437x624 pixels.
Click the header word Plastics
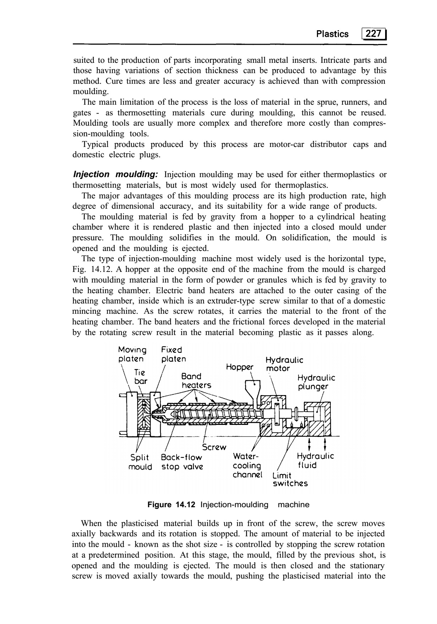[x=332, y=34]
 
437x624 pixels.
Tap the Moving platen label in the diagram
[x=132, y=354]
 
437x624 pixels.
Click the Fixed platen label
[x=173, y=354]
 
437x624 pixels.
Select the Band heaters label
[x=196, y=381]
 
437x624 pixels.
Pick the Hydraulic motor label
[x=284, y=364]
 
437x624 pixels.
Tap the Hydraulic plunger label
[x=316, y=382]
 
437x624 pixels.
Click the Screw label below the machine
[x=214, y=447]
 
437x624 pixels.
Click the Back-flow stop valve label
[x=182, y=462]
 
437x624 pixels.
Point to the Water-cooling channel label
[x=247, y=465]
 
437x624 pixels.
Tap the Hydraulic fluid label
[x=315, y=460]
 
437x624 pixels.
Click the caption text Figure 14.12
[x=171, y=505]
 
